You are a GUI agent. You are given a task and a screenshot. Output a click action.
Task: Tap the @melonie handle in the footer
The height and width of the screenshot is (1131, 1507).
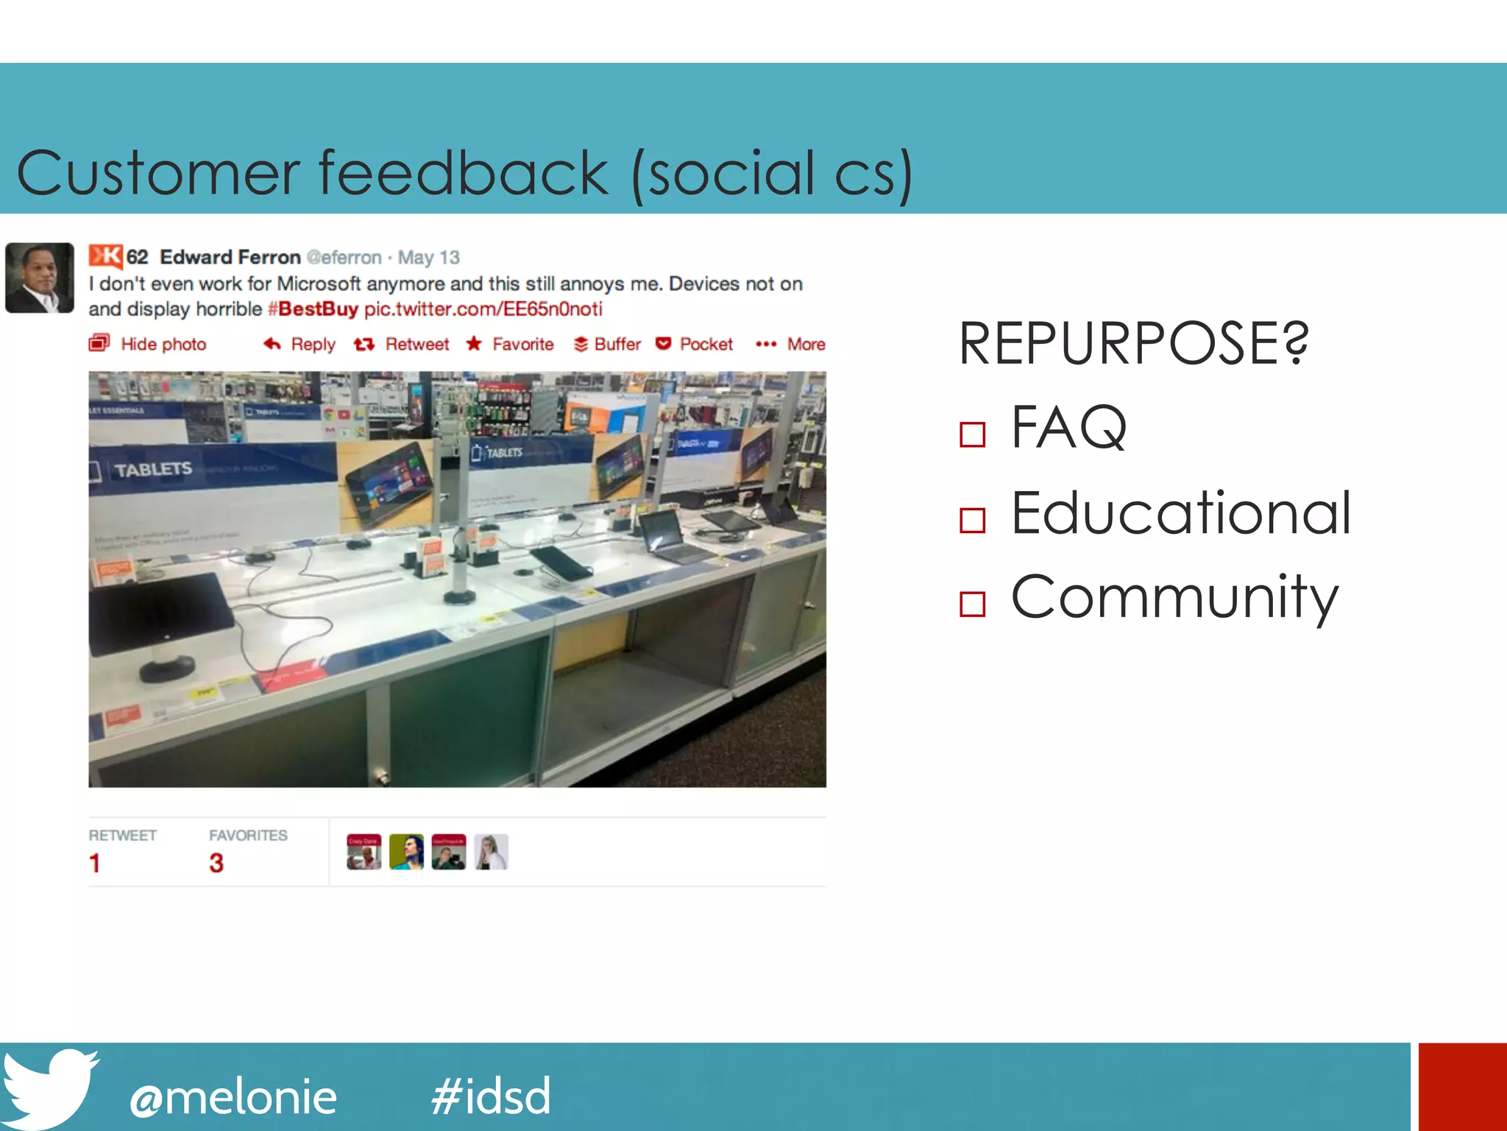pyautogui.click(x=233, y=1097)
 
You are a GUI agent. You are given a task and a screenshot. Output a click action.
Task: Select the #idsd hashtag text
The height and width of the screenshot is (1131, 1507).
pyautogui.click(x=491, y=1096)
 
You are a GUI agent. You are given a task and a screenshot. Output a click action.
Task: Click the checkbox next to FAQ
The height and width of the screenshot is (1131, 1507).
pyautogui.click(x=972, y=434)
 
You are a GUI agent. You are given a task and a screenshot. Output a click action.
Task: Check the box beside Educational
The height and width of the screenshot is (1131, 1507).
pyautogui.click(x=972, y=521)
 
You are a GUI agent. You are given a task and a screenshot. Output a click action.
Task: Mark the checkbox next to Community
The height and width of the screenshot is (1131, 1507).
pyautogui.click(x=972, y=604)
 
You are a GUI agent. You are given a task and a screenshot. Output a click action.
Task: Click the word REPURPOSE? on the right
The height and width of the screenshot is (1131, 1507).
pyautogui.click(x=1133, y=344)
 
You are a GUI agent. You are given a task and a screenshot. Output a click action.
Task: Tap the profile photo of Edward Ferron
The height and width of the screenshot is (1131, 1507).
pyautogui.click(x=40, y=278)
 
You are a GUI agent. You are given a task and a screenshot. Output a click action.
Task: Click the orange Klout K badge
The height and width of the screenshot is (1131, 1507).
pyautogui.click(x=105, y=256)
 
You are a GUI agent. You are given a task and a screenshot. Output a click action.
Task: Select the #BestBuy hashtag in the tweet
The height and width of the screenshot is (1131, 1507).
pyautogui.click(x=313, y=309)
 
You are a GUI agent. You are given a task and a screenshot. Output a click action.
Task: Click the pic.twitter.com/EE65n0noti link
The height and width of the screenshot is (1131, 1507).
pyautogui.click(x=483, y=309)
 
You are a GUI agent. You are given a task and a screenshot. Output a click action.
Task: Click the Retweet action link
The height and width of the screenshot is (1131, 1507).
pyautogui.click(x=403, y=345)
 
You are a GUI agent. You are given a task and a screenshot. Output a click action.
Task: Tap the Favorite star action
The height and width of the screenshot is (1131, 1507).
pyautogui.click(x=511, y=345)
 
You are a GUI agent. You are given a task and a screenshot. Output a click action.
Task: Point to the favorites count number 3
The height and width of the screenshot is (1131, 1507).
pyautogui.click(x=216, y=863)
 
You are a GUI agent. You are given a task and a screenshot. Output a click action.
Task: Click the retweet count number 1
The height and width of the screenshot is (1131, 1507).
pyautogui.click(x=94, y=863)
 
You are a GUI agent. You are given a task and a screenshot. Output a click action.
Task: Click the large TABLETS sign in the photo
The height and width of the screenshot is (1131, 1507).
pyautogui.click(x=152, y=469)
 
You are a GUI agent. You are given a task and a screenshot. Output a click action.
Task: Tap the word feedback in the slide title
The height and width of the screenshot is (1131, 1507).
pyautogui.click(x=463, y=174)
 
